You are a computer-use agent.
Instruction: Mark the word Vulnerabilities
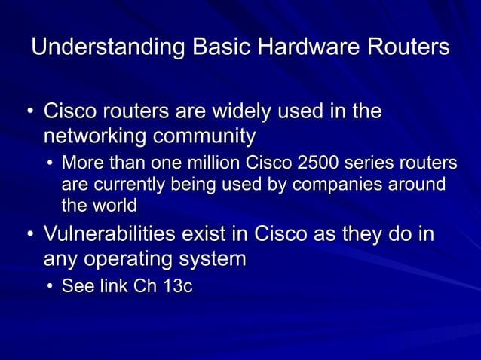(x=115, y=233)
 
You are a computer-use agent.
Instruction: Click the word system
(x=215, y=259)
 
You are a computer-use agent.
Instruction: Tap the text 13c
(x=173, y=287)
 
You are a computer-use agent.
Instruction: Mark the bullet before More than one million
(x=49, y=164)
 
